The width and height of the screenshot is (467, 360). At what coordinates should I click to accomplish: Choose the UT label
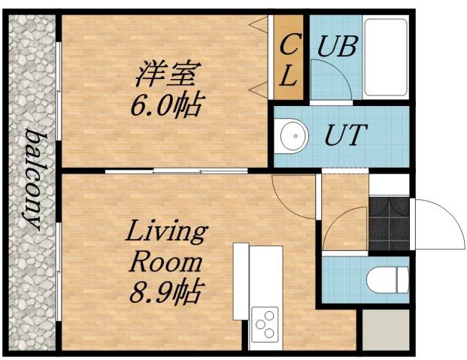click(x=344, y=137)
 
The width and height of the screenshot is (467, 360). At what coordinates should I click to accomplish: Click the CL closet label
click(x=289, y=59)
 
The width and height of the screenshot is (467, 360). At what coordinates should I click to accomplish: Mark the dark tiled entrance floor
click(x=388, y=223)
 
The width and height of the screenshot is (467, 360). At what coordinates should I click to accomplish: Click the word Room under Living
click(x=166, y=262)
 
